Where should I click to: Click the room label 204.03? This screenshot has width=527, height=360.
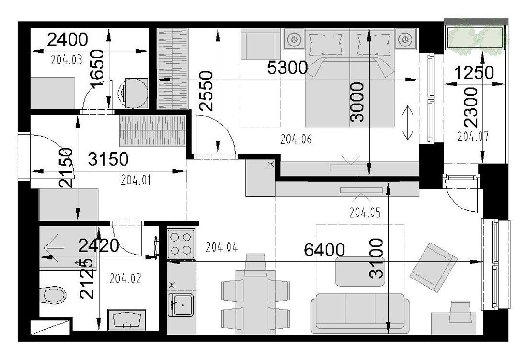(x=67, y=60)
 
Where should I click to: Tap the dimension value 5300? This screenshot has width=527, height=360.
(x=287, y=68)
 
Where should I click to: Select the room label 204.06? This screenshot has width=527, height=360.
(x=296, y=139)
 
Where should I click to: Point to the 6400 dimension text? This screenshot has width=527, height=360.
(x=324, y=250)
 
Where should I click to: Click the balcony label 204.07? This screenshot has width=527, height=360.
(x=473, y=136)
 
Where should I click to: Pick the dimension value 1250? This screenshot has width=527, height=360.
(x=474, y=72)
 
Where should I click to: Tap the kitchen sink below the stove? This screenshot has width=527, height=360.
(x=181, y=305)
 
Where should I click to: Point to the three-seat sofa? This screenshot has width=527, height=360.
(x=360, y=313)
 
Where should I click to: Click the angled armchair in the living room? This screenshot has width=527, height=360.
(x=433, y=267)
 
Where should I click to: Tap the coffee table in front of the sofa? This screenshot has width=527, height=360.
(x=360, y=271)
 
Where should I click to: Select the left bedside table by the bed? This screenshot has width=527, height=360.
(x=294, y=39)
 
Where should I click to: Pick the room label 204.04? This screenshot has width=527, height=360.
(x=222, y=248)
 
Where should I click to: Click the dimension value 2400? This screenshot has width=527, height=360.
(x=68, y=40)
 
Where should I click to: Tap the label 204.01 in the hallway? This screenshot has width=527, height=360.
(x=136, y=181)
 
